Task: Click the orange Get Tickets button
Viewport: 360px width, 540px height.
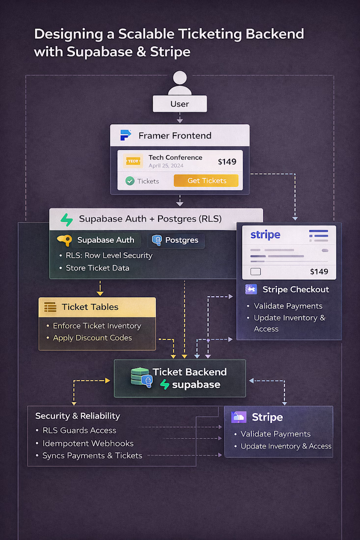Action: pos(206,181)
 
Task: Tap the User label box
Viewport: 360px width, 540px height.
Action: pos(180,104)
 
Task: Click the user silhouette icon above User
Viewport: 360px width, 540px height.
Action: pos(180,83)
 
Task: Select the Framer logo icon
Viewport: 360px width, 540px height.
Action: pos(126,135)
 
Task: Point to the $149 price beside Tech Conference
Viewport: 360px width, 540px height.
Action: pos(226,162)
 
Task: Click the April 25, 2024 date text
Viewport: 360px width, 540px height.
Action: pos(166,165)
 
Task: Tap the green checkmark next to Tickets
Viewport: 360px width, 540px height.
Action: pos(130,181)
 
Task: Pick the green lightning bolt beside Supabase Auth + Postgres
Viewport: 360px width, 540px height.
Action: pos(67,219)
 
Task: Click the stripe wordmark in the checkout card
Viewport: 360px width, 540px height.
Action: pos(265,235)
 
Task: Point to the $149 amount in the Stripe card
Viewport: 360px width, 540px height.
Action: pos(319,271)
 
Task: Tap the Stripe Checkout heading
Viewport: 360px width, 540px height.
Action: pos(295,289)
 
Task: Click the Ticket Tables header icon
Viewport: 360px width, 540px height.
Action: pos(50,307)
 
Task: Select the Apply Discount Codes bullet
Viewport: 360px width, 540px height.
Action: pos(92,338)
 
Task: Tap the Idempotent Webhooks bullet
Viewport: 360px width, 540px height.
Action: pos(88,443)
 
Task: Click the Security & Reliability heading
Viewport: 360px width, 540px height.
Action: pos(78,416)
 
